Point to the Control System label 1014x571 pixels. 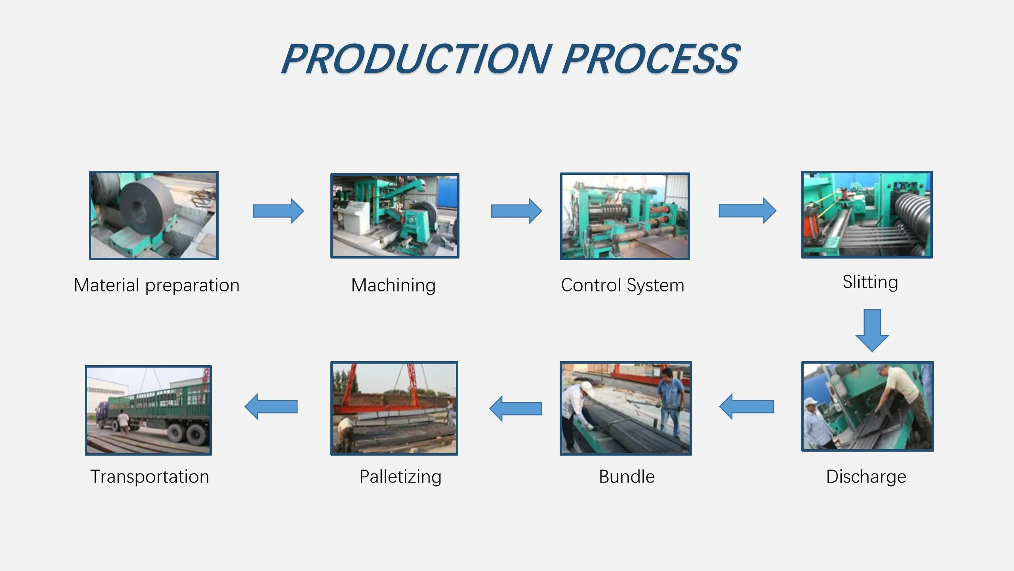click(x=623, y=285)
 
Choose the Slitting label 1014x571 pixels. click(x=870, y=283)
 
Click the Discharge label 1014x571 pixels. click(x=866, y=477)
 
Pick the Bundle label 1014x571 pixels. click(x=627, y=477)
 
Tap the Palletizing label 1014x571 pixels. click(x=400, y=477)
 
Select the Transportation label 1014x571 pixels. click(x=150, y=477)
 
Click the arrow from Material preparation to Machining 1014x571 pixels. click(x=278, y=211)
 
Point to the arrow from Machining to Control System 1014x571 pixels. click(x=517, y=211)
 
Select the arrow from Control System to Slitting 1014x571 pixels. click(x=747, y=211)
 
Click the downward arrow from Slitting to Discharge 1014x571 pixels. click(x=872, y=331)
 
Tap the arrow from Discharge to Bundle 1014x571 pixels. click(x=747, y=406)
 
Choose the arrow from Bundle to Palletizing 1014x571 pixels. click(x=516, y=408)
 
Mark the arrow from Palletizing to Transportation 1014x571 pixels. click(x=271, y=406)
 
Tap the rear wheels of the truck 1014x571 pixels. click(x=187, y=433)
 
